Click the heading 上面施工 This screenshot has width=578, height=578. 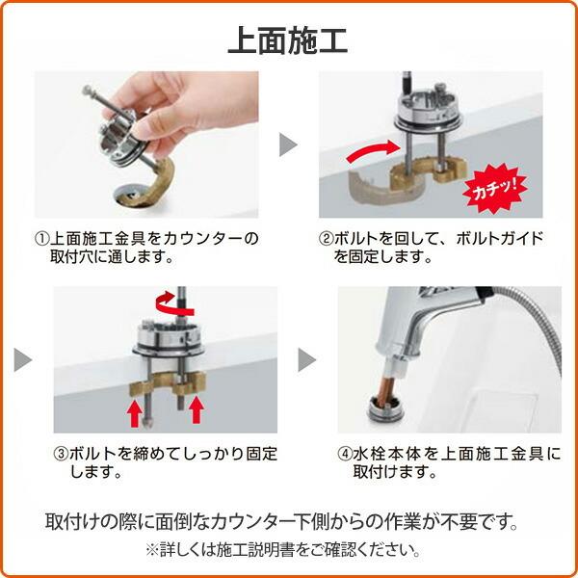pos(288,40)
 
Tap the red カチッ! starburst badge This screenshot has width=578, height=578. pos(495,189)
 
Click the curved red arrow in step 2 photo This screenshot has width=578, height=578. pos(373,151)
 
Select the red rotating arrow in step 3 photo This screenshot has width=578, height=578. pos(174,303)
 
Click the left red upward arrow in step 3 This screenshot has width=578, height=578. pos(135,413)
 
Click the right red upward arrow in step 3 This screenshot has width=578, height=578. pos(197,409)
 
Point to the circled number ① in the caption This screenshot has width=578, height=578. pos(41,239)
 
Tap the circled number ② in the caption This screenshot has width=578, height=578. pos(326,239)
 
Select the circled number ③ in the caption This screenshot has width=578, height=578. pos(61,454)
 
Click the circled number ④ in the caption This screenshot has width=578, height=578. pos(345,454)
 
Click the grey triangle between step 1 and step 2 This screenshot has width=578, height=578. pos(288,144)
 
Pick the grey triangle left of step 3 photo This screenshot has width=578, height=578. pos(23,359)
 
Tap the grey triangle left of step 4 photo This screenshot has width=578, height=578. pos(307,359)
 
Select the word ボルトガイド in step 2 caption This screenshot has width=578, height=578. pos(500,239)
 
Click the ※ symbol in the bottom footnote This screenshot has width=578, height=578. pos(152,550)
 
